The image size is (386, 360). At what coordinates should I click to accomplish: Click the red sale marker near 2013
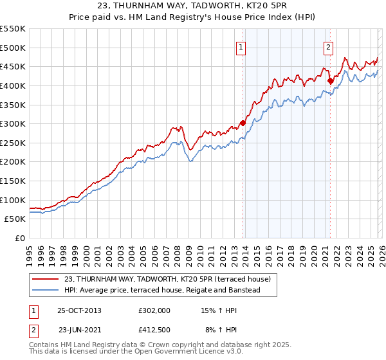243,123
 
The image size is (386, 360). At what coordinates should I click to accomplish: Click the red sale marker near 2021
330,81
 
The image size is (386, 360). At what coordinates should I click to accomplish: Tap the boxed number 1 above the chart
241,46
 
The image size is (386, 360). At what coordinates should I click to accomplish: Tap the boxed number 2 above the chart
328,46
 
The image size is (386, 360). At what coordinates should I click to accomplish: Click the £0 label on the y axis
21,239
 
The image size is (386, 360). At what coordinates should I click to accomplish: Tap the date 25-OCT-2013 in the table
79,310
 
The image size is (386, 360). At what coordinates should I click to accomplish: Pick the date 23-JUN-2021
79,330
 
